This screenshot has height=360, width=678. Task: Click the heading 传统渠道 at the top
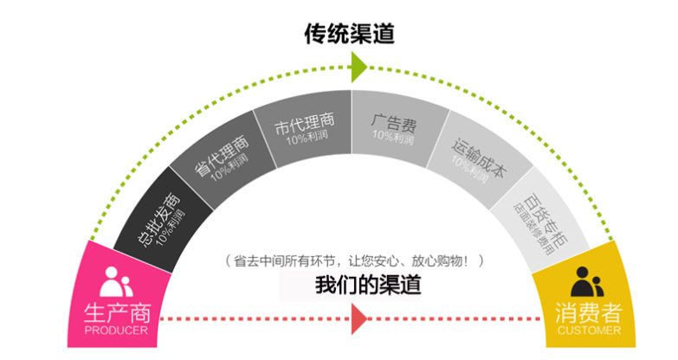tap(350, 33)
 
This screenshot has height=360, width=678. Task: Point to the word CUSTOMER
tap(589, 331)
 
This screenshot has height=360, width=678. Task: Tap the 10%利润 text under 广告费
tap(393, 137)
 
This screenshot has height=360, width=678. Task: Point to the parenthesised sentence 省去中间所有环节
tap(354, 260)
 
